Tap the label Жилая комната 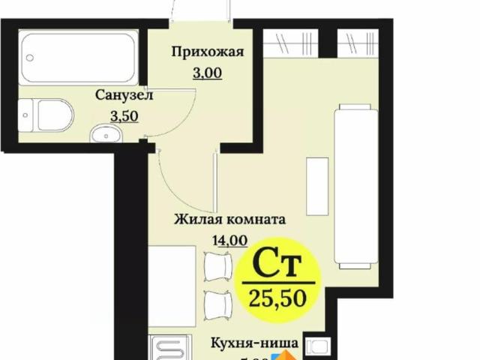229,220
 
